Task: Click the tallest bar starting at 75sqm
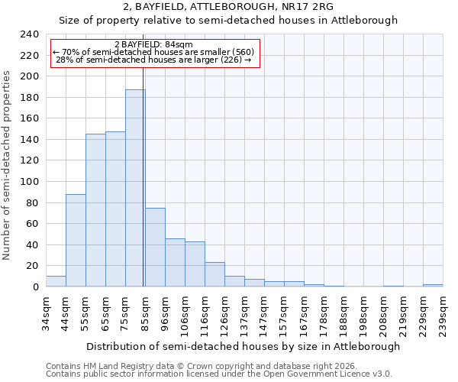coord(135,188)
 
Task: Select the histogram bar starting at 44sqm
coord(76,241)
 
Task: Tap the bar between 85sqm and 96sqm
coord(155,248)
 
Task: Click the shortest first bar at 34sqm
coord(56,281)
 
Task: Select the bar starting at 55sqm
coord(95,210)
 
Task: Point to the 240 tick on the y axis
coord(29,34)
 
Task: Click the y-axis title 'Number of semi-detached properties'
coord(8,165)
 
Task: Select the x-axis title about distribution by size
coord(244,346)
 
